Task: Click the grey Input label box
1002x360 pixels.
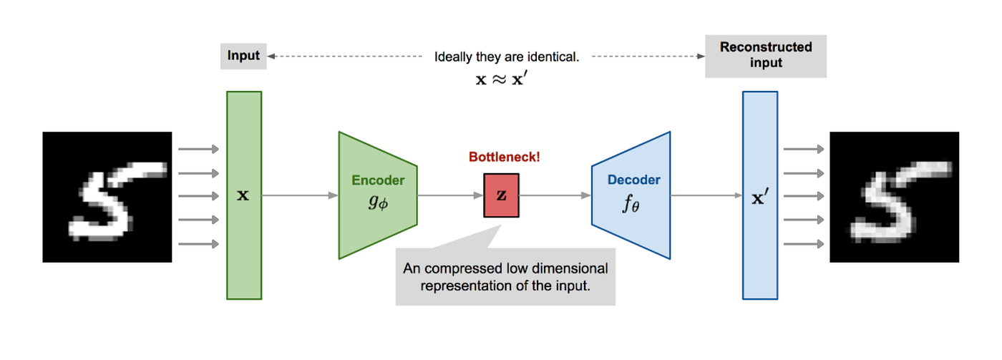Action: click(x=243, y=56)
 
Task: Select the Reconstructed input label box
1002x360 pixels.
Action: click(x=765, y=56)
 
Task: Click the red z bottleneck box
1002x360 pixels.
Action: click(x=501, y=195)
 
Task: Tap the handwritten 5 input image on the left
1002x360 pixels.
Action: click(x=107, y=197)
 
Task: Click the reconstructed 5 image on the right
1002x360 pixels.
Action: click(x=894, y=197)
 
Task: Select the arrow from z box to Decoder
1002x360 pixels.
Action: click(x=555, y=195)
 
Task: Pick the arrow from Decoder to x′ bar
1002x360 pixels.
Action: click(x=705, y=195)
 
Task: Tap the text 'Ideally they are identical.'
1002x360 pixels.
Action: click(x=505, y=57)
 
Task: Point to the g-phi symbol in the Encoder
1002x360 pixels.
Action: click(x=377, y=203)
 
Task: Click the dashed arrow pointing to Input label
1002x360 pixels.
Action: click(x=344, y=56)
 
